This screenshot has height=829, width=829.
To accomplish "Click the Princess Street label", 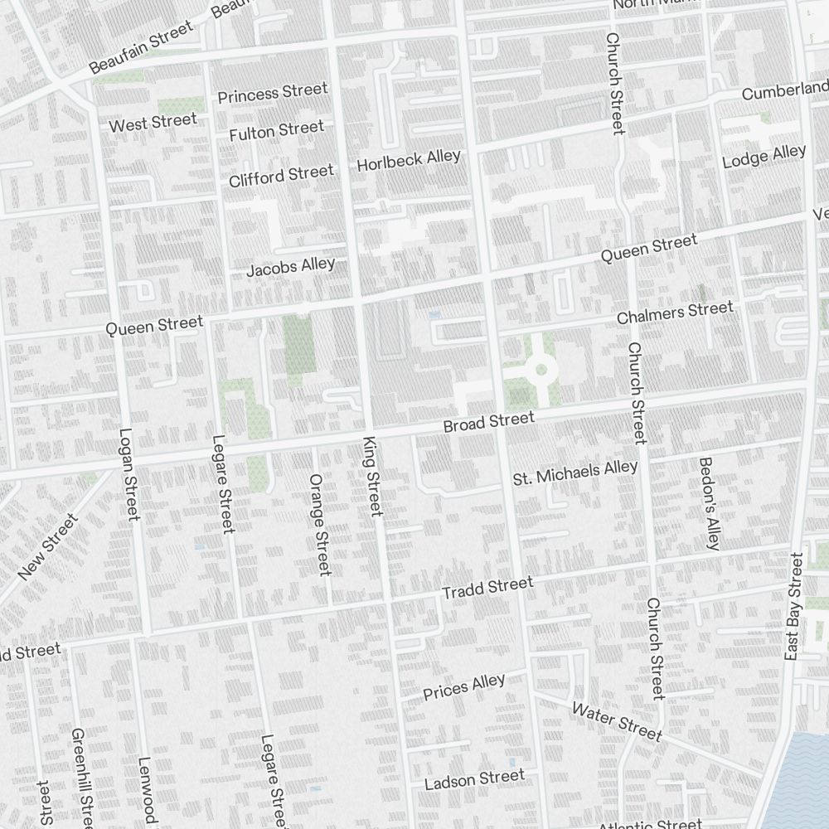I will point(273,93).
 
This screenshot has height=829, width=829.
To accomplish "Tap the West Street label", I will point(153,123).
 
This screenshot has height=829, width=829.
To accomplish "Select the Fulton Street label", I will point(276,130).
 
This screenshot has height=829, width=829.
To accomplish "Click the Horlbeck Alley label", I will point(408,161).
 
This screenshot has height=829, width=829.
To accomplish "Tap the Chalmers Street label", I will point(675,313).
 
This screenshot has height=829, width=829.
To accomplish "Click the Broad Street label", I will point(488,422).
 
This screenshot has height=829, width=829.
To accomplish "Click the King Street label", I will point(372,476).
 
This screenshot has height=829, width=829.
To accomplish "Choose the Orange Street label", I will point(319,524).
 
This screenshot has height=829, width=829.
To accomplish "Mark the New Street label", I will point(47,546).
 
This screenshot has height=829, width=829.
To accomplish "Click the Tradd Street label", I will point(487,588).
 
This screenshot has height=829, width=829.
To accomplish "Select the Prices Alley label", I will point(463,687).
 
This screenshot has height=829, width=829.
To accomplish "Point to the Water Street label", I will point(617,721).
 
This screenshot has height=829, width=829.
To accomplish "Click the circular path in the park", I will point(541,369).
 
